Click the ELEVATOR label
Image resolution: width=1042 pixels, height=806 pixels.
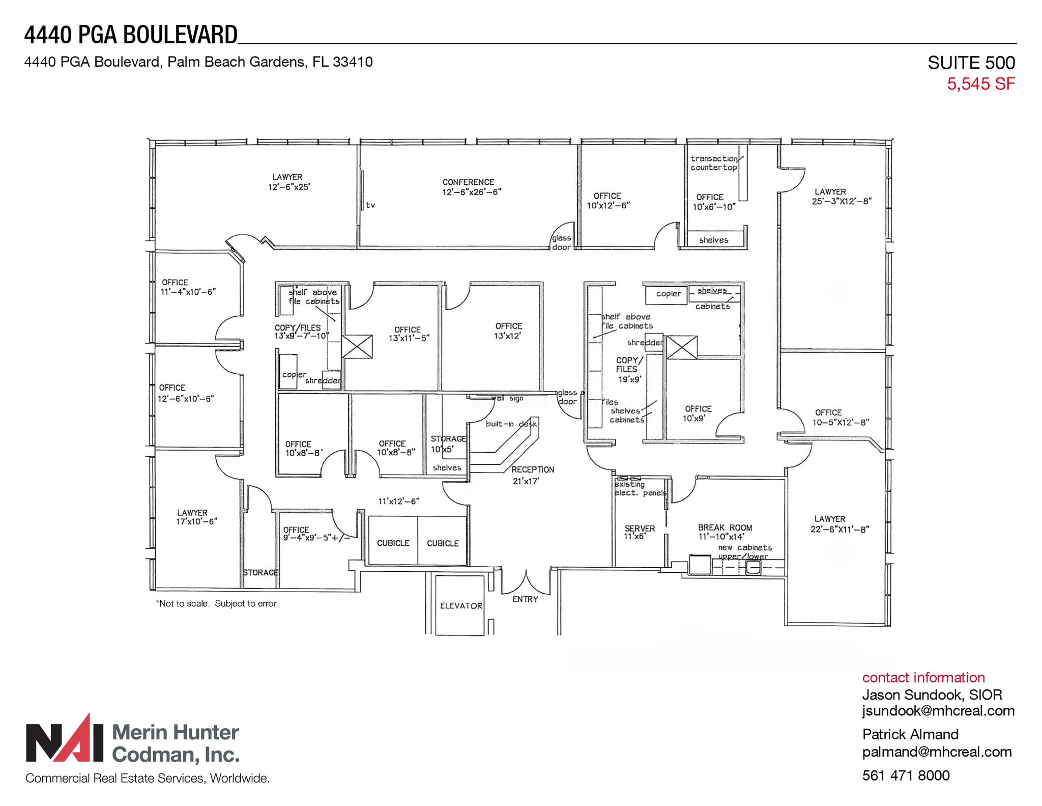461,605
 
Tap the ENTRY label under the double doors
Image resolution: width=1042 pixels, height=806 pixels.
525,599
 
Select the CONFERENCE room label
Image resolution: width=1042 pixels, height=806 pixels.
468,182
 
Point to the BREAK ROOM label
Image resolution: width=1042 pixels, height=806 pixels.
725,528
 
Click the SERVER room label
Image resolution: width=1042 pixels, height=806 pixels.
640,529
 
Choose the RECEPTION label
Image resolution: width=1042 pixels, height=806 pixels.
533,469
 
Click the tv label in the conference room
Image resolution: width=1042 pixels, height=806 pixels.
370,205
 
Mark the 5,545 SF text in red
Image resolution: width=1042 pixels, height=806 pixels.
980,84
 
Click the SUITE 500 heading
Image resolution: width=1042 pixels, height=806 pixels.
971,63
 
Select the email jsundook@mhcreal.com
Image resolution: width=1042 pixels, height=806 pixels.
938,711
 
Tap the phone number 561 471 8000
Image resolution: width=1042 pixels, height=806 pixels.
906,775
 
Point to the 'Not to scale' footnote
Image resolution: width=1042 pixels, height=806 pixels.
217,604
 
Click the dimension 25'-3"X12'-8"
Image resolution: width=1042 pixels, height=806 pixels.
842,201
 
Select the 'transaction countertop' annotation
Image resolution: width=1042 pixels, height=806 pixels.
714,163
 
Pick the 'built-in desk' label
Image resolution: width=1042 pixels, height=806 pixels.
511,424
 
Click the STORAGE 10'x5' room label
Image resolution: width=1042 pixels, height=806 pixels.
448,444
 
